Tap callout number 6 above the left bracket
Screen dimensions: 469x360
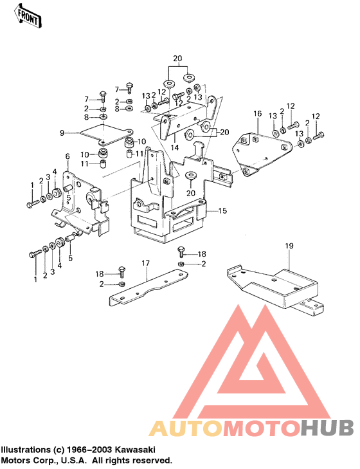pos(67,156)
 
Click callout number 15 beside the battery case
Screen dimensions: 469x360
pos(222,210)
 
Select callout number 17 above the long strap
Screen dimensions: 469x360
pos(145,262)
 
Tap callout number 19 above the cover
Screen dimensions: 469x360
pos(289,246)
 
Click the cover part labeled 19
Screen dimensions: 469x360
pos(276,283)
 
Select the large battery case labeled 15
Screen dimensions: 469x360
pos(170,206)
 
